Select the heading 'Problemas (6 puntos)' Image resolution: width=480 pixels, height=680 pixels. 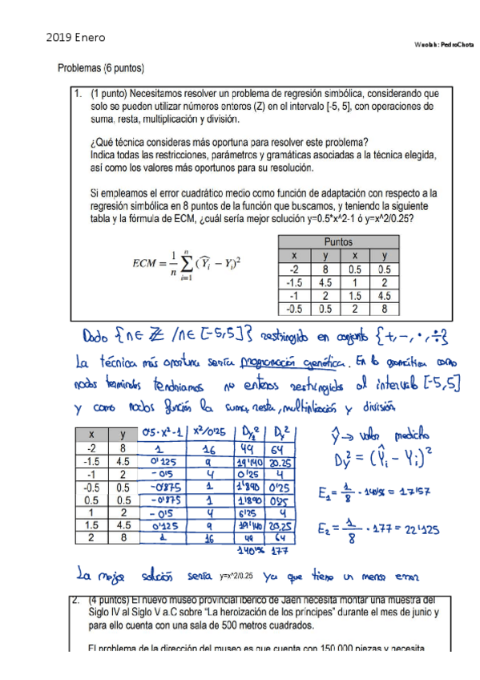click(100, 69)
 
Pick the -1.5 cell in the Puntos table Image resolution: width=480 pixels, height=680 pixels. click(294, 281)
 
